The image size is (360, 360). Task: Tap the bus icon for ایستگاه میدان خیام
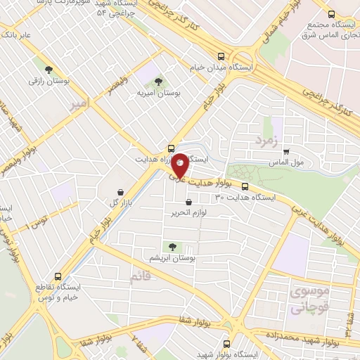click(221, 56)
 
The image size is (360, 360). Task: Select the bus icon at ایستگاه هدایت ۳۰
click(245, 187)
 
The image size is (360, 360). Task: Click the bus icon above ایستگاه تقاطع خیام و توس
click(58, 276)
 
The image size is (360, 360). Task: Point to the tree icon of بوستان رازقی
click(49, 70)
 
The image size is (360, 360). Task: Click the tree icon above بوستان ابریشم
click(171, 246)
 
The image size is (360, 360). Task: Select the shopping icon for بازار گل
click(121, 192)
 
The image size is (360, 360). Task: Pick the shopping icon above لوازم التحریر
click(188, 202)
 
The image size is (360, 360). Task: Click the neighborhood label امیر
click(80, 103)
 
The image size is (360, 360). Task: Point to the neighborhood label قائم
click(140, 277)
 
